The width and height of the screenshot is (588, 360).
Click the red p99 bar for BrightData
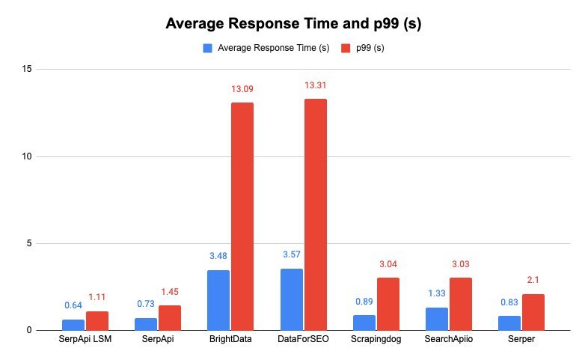(x=242, y=216)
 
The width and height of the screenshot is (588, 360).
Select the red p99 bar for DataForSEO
(x=315, y=215)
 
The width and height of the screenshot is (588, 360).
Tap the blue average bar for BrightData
(x=218, y=299)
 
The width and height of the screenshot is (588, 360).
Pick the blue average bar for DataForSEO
(x=291, y=299)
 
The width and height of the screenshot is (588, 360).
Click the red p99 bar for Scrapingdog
(x=388, y=303)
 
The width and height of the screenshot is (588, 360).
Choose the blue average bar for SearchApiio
(x=437, y=318)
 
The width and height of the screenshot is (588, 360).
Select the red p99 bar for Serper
(x=533, y=311)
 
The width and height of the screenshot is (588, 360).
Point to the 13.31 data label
(x=315, y=86)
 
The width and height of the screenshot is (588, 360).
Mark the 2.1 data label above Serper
(x=533, y=280)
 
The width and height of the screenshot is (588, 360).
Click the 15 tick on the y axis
(x=29, y=70)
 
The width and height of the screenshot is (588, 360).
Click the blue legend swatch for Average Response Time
(x=207, y=49)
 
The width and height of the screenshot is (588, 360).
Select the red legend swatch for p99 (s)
(x=346, y=49)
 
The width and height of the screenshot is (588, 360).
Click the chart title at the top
(x=295, y=23)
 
